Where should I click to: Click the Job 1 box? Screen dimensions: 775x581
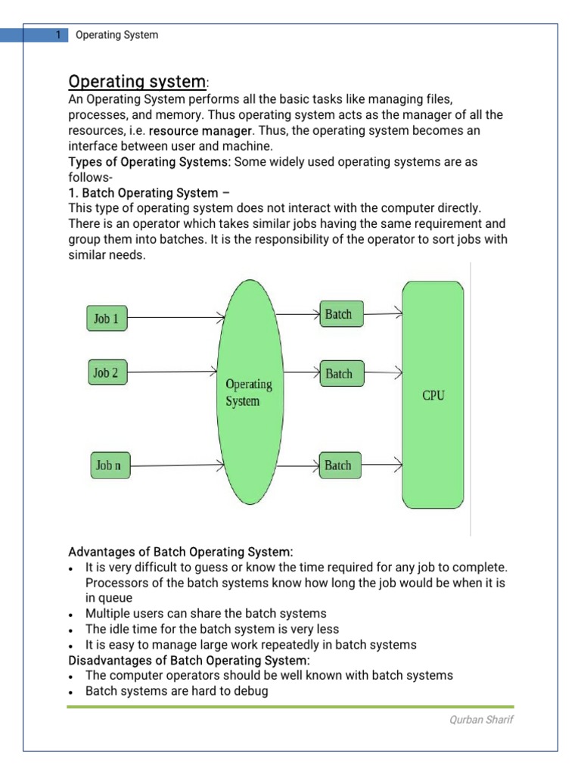point(107,319)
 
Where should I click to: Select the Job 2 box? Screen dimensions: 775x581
point(106,372)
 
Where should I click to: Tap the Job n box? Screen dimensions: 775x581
point(108,465)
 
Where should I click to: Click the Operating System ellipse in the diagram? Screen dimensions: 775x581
point(250,392)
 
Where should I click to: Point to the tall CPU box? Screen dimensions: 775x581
point(433,394)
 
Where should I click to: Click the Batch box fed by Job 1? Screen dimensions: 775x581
point(339,314)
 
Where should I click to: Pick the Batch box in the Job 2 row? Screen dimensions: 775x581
point(340,373)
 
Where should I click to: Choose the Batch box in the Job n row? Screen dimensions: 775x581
point(339,465)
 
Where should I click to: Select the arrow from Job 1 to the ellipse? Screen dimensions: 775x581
point(174,318)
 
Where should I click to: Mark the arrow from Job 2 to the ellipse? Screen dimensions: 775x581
point(174,372)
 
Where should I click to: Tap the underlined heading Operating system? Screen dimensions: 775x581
point(137,81)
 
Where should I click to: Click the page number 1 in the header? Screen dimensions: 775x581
point(57,35)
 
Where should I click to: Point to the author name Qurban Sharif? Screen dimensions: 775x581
point(481,720)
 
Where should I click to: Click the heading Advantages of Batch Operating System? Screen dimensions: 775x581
point(180,552)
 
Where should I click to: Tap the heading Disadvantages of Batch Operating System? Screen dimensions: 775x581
point(189,660)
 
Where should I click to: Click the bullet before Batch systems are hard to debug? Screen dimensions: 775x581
point(70,693)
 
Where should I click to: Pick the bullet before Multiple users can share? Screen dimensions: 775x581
point(70,615)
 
